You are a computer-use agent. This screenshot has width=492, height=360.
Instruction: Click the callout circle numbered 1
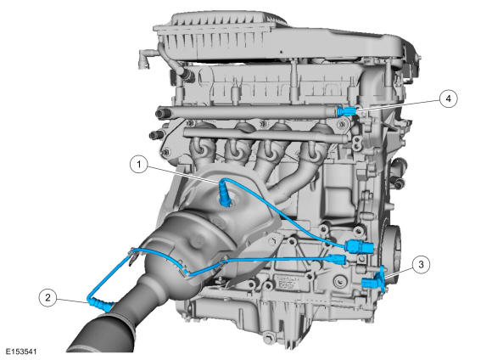(139, 165)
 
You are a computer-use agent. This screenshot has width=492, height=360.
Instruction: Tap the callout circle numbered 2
(48, 297)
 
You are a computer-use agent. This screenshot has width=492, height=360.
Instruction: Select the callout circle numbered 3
(421, 264)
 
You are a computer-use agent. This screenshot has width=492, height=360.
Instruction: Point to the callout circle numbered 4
(449, 98)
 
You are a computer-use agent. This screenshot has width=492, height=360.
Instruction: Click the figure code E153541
(21, 352)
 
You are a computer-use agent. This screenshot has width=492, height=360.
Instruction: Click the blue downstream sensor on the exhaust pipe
(100, 304)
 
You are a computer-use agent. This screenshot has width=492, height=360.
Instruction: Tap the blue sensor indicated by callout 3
(374, 280)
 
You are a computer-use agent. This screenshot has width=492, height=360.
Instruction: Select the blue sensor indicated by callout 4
(347, 111)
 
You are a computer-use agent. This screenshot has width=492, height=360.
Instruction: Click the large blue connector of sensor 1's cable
(360, 246)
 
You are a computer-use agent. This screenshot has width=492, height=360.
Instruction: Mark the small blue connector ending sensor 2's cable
(337, 260)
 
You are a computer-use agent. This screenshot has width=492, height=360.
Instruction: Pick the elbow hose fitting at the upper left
(145, 57)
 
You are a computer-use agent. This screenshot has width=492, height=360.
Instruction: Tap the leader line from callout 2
(72, 301)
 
